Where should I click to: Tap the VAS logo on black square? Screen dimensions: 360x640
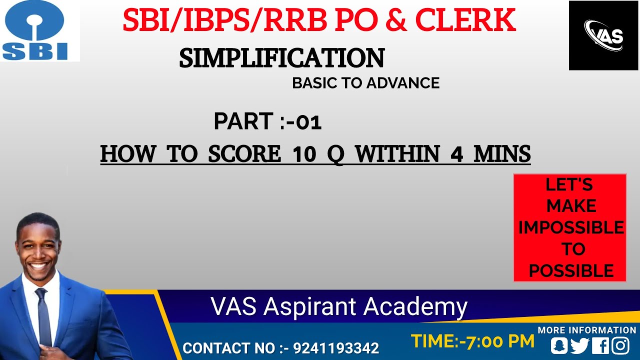pos(603,35)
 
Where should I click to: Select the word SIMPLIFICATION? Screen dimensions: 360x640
pos(282,59)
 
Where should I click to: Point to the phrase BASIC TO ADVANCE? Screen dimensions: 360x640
pos(365,83)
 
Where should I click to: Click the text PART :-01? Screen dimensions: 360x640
pos(267,121)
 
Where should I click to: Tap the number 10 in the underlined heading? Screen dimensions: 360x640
pos(304,154)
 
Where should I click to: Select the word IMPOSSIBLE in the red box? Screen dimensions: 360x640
pos(571,227)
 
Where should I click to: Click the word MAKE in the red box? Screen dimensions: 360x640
pos(571,206)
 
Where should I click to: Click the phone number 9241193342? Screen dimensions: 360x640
pos(336,348)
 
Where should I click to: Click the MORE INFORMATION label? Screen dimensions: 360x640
pos(586,330)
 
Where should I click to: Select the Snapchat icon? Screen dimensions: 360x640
pos(559,345)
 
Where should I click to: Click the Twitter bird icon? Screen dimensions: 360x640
pos(579,345)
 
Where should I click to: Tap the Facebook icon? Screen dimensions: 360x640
pos(600,345)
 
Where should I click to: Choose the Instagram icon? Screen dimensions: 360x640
pos(620,345)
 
